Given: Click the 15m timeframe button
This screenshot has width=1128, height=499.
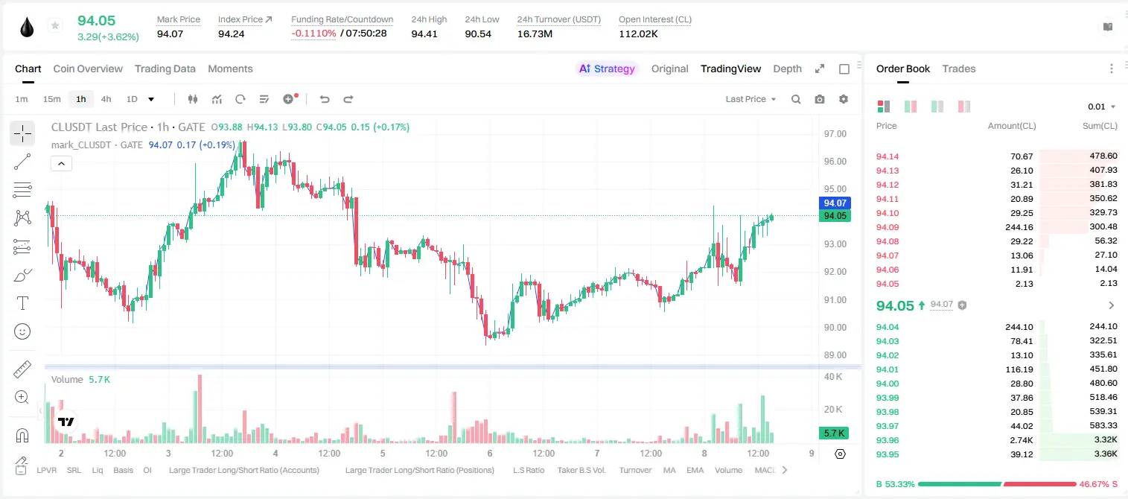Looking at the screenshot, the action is [x=52, y=99].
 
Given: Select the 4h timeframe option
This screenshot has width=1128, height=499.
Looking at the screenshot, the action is [x=106, y=99].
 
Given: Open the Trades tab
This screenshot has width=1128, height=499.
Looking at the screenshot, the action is [x=959, y=69].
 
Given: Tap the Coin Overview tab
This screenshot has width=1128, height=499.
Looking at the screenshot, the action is [x=88, y=69].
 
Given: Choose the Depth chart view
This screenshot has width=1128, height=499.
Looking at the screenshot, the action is [x=787, y=69].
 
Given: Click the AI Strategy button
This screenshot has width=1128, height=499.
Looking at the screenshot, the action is [x=607, y=69].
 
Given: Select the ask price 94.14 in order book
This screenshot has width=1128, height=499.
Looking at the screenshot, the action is [x=888, y=156].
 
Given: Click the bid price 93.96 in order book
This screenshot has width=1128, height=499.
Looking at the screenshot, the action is [x=888, y=440].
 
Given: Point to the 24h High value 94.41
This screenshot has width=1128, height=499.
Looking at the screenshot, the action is [x=424, y=34].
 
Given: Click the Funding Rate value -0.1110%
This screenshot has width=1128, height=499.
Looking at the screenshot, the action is [x=313, y=34].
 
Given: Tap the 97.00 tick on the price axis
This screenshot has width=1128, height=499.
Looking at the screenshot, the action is [x=835, y=134].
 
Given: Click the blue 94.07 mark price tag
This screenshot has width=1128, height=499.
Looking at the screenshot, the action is [x=835, y=203].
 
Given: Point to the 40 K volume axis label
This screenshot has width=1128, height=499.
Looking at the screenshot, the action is [x=833, y=377].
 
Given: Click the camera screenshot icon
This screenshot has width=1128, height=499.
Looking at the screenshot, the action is [x=820, y=99].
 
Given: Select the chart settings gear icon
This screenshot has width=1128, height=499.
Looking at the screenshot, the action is [x=844, y=99].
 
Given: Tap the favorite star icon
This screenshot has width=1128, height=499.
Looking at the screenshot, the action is [x=55, y=25].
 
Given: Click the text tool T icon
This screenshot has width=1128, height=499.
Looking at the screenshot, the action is [x=22, y=303].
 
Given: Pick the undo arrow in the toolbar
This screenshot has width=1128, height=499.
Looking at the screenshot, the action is [x=325, y=99].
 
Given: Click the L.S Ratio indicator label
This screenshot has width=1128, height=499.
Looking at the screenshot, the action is [x=529, y=470].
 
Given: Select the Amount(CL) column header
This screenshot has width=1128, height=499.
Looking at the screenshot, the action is [x=1012, y=126].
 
